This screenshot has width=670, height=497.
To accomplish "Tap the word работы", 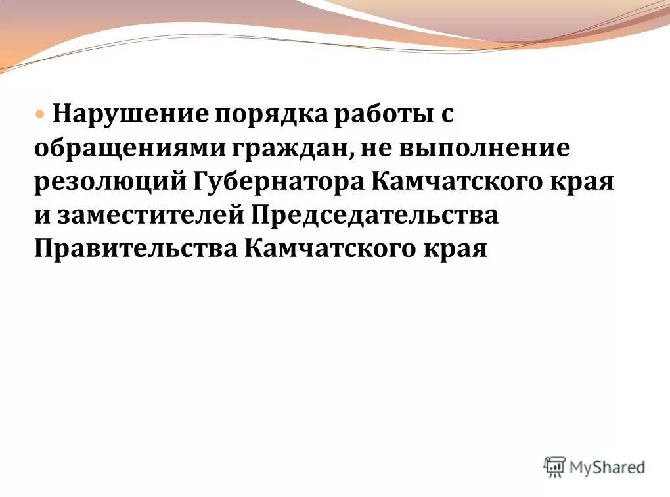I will pyautogui.click(x=372, y=115).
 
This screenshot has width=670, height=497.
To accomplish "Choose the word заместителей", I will pyautogui.click(x=150, y=216).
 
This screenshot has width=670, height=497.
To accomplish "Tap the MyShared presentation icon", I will pyautogui.click(x=554, y=467).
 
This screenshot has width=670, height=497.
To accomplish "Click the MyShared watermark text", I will pyautogui.click(x=606, y=467).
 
